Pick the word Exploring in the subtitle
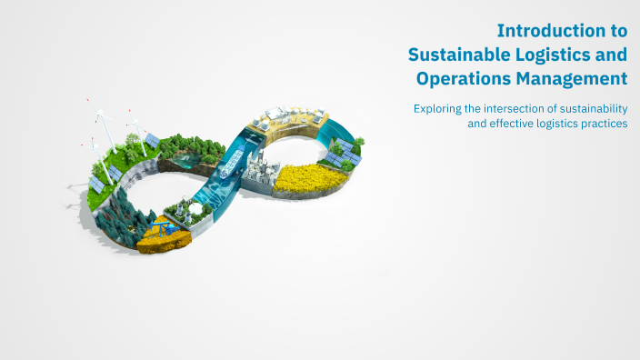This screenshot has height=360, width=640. coord(437,108)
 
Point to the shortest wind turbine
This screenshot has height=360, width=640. coord(93,145)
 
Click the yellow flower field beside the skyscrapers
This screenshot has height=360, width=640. coord(309,178)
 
